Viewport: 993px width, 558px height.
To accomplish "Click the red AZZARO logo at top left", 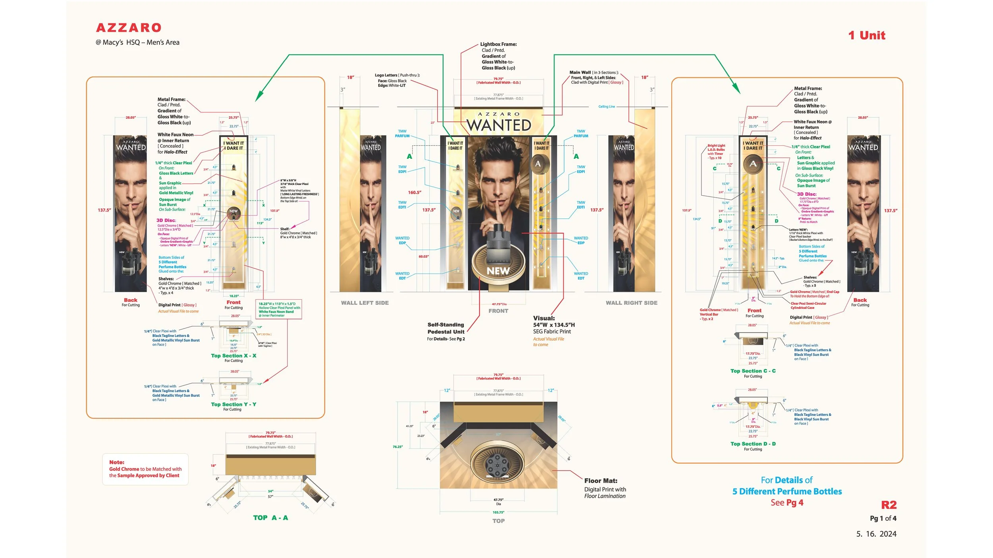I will pyautogui.click(x=129, y=28).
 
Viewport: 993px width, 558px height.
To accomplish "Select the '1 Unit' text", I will pyautogui.click(x=866, y=35).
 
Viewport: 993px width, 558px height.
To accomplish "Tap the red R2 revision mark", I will pyautogui.click(x=889, y=505).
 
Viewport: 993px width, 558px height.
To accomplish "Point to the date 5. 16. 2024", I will pyautogui.click(x=876, y=534).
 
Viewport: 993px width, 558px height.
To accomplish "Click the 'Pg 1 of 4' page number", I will pyautogui.click(x=883, y=518).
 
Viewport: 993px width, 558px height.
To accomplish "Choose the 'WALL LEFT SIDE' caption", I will pyautogui.click(x=365, y=303).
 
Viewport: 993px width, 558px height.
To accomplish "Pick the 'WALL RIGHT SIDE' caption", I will pyautogui.click(x=631, y=303).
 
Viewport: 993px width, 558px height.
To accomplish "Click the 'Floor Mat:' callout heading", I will pyautogui.click(x=601, y=481).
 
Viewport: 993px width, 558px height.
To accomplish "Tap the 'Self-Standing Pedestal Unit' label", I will pyautogui.click(x=446, y=328).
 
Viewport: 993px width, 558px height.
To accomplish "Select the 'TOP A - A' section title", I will pyautogui.click(x=270, y=518).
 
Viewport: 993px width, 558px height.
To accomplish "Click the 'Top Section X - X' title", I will pyautogui.click(x=234, y=356).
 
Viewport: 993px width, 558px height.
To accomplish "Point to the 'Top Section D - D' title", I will pyautogui.click(x=753, y=444).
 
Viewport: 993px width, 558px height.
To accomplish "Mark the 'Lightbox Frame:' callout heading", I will pyautogui.click(x=498, y=44).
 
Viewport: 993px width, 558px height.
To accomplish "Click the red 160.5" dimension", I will pyautogui.click(x=414, y=192).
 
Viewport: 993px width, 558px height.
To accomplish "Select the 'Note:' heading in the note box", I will pyautogui.click(x=117, y=462).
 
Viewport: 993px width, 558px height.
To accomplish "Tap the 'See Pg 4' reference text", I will pyautogui.click(x=786, y=502).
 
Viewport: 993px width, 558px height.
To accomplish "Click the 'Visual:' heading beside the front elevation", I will pyautogui.click(x=544, y=318).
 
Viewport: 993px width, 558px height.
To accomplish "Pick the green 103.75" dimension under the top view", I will pyautogui.click(x=498, y=512).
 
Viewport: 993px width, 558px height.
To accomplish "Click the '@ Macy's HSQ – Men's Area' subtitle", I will pyautogui.click(x=137, y=42).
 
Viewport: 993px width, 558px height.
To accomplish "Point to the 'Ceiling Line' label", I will pyautogui.click(x=607, y=107).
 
